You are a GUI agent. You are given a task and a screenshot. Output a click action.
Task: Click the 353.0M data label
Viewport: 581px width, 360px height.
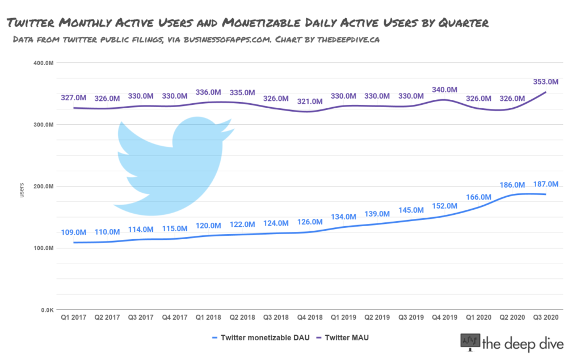[546, 82]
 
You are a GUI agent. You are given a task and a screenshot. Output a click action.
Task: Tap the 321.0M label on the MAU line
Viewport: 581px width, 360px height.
[310, 101]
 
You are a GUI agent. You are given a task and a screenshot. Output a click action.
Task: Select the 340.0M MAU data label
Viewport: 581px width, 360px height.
[444, 90]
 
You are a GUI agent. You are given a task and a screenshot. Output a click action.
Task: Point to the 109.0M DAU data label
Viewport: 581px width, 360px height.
[74, 232]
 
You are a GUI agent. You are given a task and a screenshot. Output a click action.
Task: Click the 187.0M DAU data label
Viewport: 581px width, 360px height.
[546, 184]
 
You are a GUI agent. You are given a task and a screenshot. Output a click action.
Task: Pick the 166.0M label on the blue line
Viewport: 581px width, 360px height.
[478, 197]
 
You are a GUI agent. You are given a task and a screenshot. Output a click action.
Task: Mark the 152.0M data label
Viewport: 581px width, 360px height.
[444, 206]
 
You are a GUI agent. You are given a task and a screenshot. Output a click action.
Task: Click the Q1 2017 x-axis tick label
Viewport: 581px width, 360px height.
[74, 317]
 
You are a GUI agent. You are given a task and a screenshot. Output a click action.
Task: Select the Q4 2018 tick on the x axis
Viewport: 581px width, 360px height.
[310, 317]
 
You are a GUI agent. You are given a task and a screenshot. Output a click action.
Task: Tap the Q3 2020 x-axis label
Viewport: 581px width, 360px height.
[546, 317]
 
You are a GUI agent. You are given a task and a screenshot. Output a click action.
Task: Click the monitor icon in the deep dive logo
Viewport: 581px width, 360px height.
[469, 342]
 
